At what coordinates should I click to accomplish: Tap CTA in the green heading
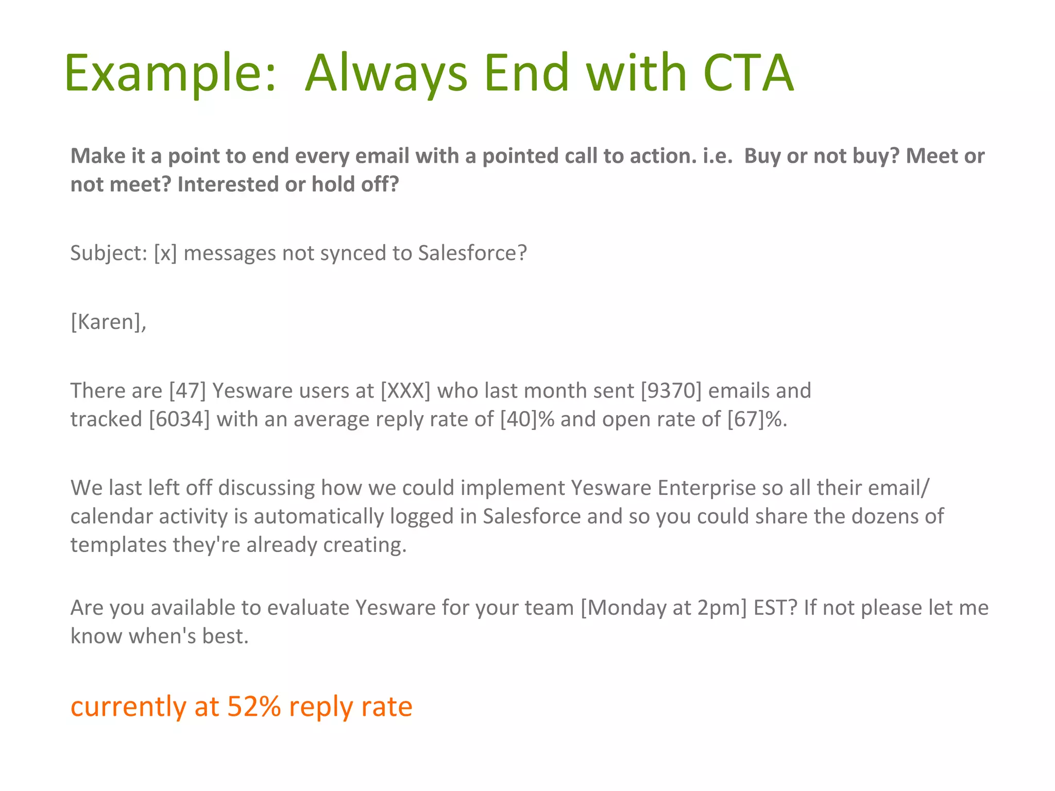point(748,73)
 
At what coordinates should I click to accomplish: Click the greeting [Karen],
point(108,322)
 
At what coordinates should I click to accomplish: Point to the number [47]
point(188,391)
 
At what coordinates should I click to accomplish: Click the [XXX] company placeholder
point(405,391)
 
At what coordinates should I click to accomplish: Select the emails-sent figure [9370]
point(671,391)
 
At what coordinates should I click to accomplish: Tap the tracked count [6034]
point(179,419)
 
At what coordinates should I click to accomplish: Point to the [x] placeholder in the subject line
point(165,253)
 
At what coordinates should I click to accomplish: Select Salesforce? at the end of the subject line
point(472,253)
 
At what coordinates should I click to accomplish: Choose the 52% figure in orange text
point(254,706)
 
